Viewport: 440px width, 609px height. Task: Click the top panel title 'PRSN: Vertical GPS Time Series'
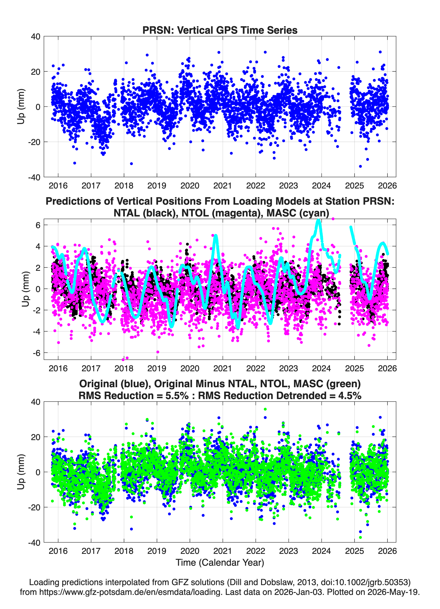pyautogui.click(x=220, y=30)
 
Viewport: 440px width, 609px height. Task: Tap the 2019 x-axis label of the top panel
pyautogui.click(x=157, y=186)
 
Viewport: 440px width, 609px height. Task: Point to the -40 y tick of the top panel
pyautogui.click(x=34, y=177)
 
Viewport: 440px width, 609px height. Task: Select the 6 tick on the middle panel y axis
pyautogui.click(x=38, y=225)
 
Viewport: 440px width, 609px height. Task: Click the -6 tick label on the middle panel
pyautogui.click(x=37, y=353)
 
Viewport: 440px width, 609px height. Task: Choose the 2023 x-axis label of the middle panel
pyautogui.click(x=288, y=368)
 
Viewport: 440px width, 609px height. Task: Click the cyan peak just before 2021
pyautogui.click(x=216, y=236)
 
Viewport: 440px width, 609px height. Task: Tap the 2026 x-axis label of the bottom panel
pyautogui.click(x=387, y=551)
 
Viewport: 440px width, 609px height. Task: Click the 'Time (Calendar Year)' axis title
pyautogui.click(x=220, y=562)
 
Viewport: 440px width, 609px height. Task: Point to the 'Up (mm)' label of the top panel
pyautogui.click(x=21, y=107)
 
